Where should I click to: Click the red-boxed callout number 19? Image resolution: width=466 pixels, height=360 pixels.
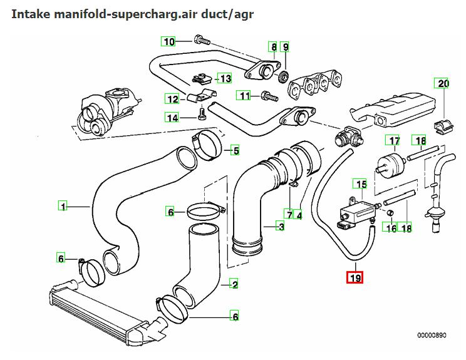355,277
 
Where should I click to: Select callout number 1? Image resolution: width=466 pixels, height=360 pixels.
62,205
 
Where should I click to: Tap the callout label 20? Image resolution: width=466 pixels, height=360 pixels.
443,84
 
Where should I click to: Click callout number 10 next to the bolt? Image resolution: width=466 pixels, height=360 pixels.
168,42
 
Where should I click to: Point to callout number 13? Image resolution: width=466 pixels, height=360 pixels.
224,78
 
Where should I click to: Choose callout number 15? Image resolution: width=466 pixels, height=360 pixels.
360,184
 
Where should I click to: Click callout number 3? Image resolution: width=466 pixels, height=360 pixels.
281,226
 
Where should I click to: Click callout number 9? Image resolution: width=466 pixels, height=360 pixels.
285,47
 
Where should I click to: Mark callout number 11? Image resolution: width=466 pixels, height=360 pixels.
244,96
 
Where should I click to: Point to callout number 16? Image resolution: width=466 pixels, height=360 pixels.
391,229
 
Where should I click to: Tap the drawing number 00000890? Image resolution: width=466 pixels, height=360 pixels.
432,335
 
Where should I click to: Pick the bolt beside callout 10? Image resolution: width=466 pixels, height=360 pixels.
200,41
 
